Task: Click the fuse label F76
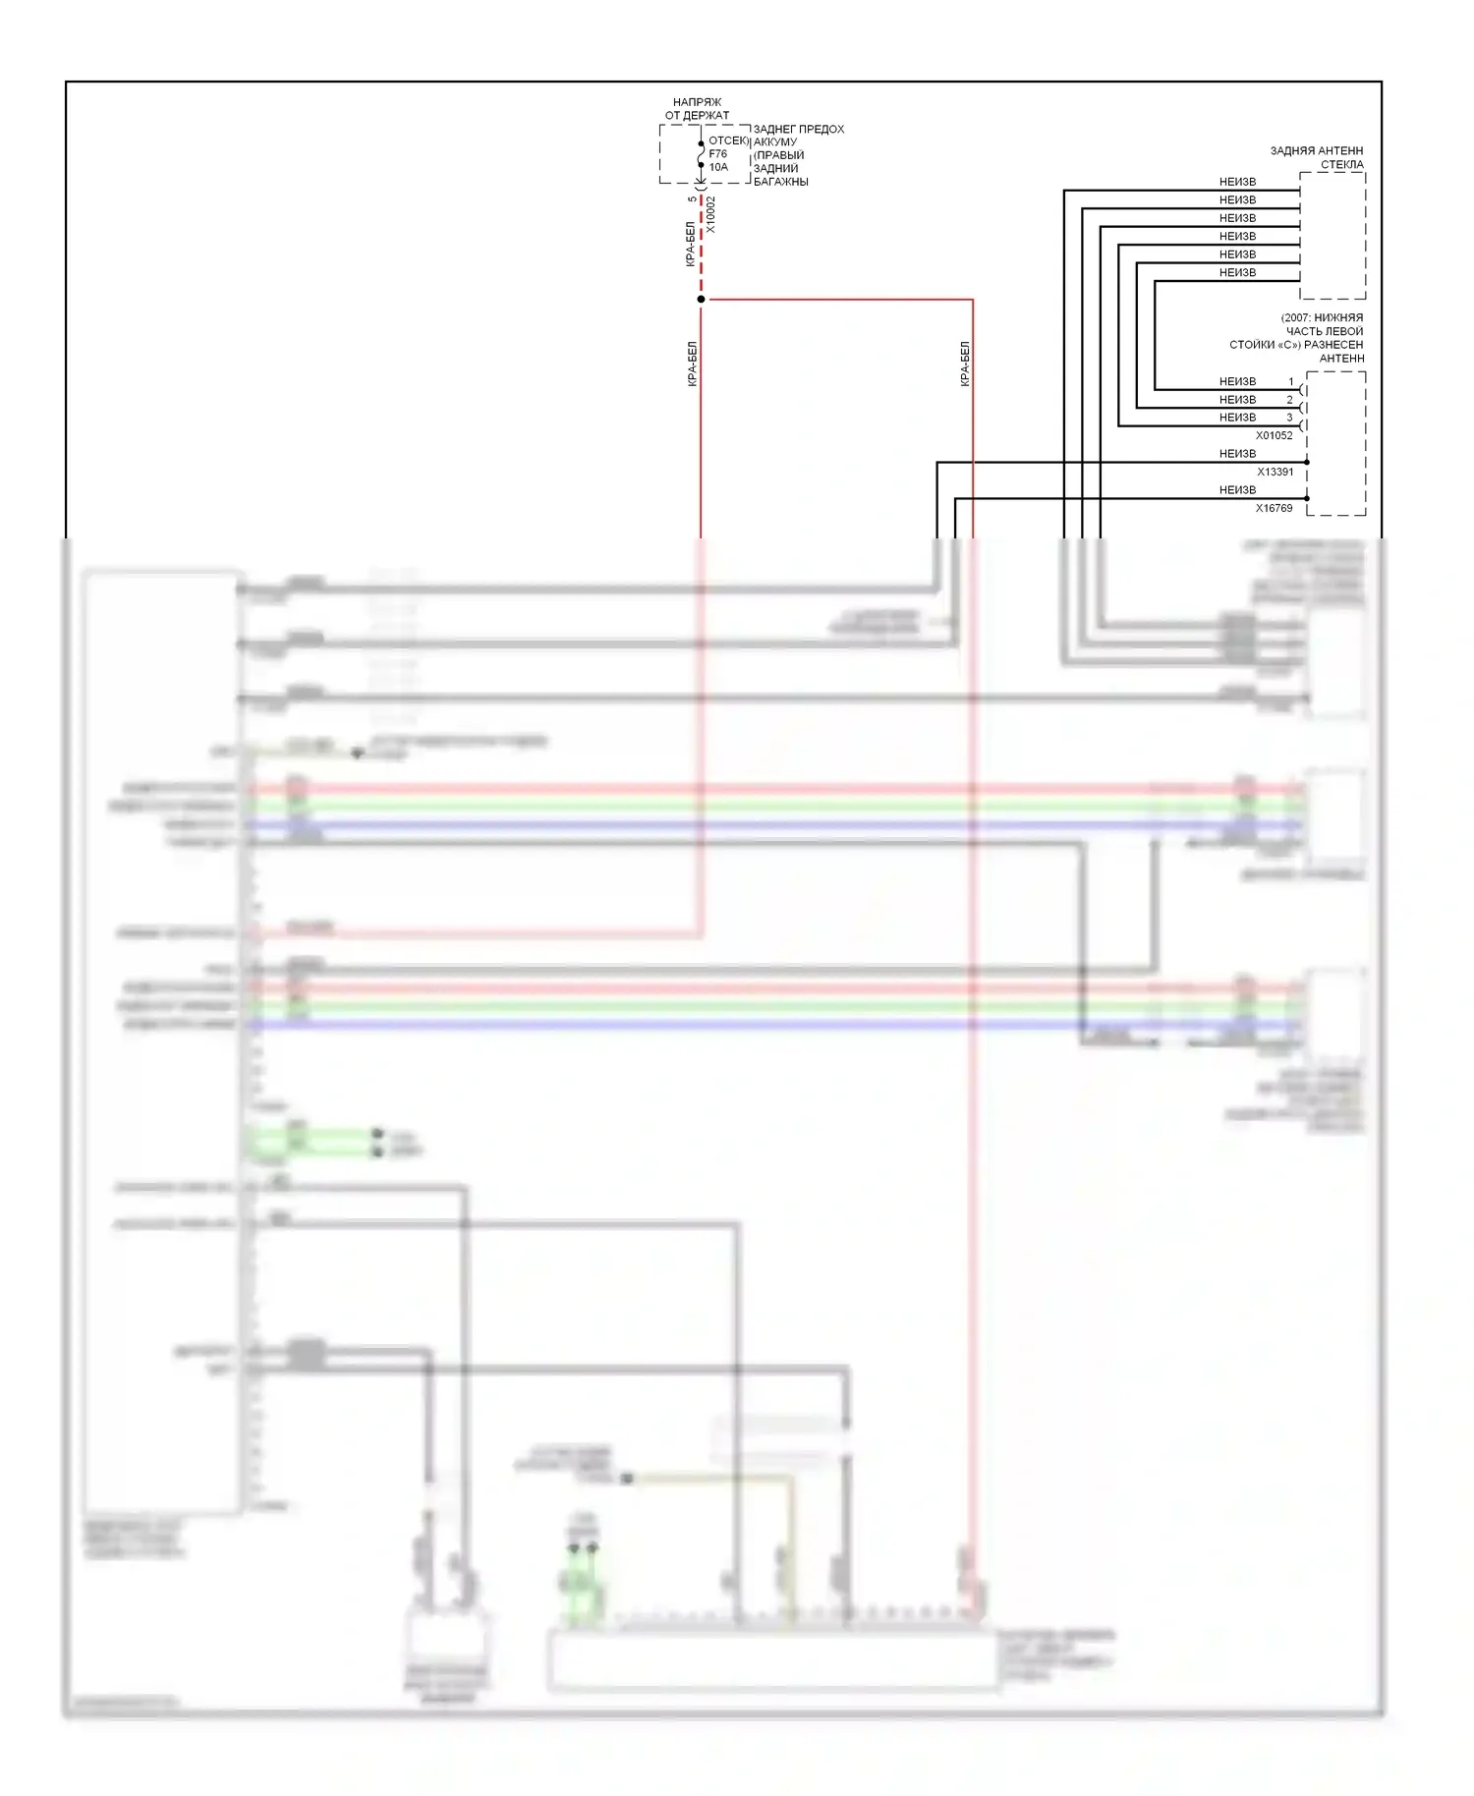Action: pyautogui.click(x=717, y=154)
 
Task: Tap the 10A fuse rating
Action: pyautogui.click(x=718, y=167)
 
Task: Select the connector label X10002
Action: pyautogui.click(x=711, y=215)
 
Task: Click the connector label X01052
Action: pyautogui.click(x=1274, y=435)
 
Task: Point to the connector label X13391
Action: pyautogui.click(x=1275, y=472)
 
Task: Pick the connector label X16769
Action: pyautogui.click(x=1274, y=508)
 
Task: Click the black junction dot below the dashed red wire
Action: pyautogui.click(x=701, y=299)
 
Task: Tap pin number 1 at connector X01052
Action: pyautogui.click(x=1291, y=381)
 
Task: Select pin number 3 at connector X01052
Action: pyautogui.click(x=1290, y=418)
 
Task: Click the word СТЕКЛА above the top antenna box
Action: pyautogui.click(x=1341, y=165)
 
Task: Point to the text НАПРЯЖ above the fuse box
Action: pyautogui.click(x=697, y=102)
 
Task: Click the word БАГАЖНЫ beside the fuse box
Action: pyautogui.click(x=780, y=182)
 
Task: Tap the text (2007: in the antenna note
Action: pyautogui.click(x=1296, y=318)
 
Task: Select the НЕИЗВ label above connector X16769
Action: pyautogui.click(x=1237, y=489)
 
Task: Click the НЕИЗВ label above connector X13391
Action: pyautogui.click(x=1237, y=454)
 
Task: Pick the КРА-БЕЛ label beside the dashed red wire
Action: pyautogui.click(x=690, y=244)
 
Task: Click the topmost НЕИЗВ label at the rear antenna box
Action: pyautogui.click(x=1237, y=182)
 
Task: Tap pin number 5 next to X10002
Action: pyautogui.click(x=693, y=199)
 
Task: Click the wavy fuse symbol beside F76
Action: pyautogui.click(x=701, y=154)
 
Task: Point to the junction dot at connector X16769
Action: pyautogui.click(x=1307, y=498)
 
